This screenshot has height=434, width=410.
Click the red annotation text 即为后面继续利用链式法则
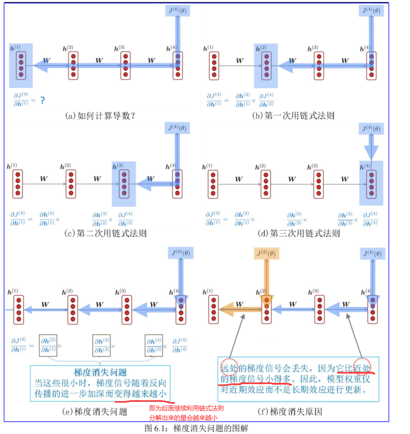coord(186,408)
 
